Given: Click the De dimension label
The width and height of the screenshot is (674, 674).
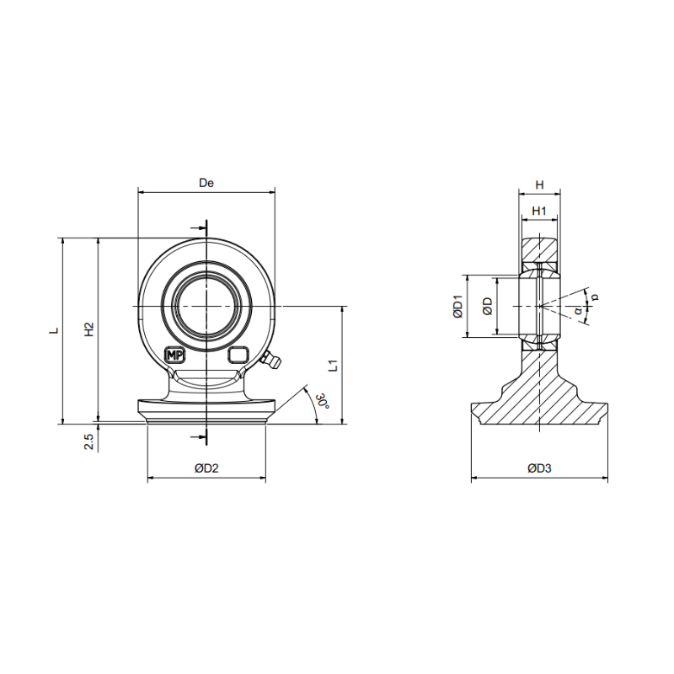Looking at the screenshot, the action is pos(206,183).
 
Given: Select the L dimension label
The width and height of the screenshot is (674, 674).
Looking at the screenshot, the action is pos(54,330).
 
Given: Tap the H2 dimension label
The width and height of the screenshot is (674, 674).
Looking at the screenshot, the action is pos(89,329).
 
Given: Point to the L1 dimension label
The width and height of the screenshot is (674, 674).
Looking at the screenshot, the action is pos(334,366).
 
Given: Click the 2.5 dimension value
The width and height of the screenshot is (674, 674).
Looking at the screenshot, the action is pos(89,441).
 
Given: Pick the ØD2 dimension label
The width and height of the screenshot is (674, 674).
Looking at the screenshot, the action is pos(206,468).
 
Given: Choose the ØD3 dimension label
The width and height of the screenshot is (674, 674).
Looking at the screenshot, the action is pos(539,468).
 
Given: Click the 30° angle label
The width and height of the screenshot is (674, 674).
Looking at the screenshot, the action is pos(324,401).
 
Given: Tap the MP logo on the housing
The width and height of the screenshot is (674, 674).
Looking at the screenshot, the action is pos(174,356).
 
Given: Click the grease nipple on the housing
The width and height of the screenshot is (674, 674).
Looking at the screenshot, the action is pos(270,360).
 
